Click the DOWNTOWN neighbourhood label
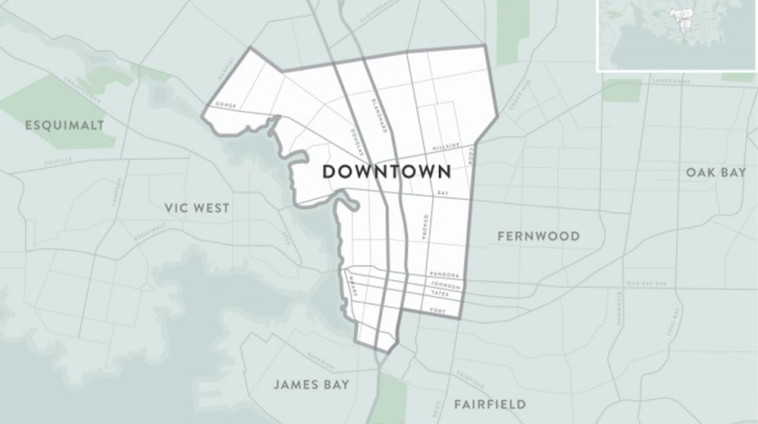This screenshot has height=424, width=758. [x=387, y=172]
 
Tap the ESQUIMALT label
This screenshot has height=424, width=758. [x=64, y=124]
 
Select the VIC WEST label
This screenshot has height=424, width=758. [x=196, y=208]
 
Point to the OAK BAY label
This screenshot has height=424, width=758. [x=716, y=173]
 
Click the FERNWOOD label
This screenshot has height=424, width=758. [x=538, y=236]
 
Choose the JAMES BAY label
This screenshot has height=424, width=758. [x=312, y=385]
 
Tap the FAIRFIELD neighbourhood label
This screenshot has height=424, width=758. [x=490, y=404]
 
